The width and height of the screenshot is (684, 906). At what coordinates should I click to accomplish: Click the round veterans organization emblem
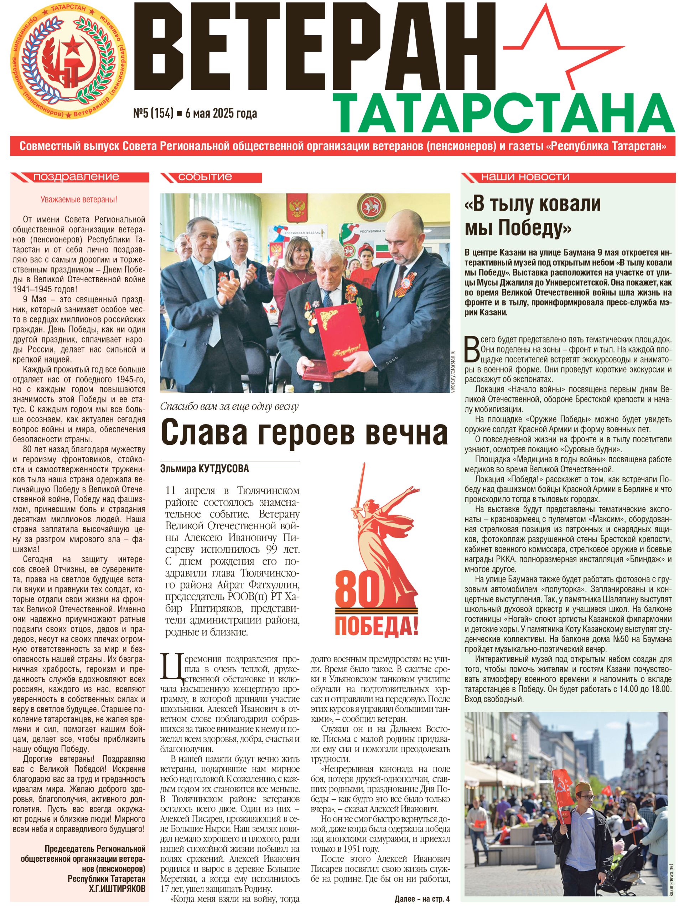(68, 61)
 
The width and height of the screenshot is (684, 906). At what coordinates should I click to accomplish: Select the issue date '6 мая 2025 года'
(221, 113)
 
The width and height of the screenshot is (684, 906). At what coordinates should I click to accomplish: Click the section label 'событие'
(205, 177)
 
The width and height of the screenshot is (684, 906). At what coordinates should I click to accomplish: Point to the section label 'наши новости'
(525, 177)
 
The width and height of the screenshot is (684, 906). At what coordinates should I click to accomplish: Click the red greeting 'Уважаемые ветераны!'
(79, 200)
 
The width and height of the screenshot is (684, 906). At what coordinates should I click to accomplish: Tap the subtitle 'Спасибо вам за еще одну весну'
(229, 406)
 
